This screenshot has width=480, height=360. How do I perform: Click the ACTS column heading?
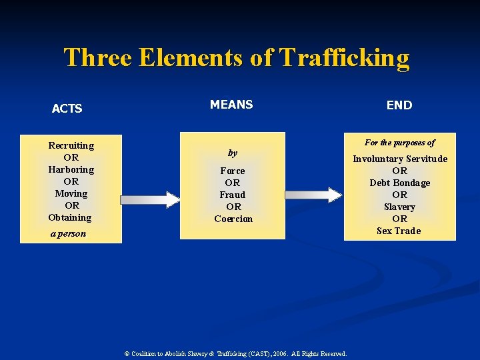(x=67, y=109)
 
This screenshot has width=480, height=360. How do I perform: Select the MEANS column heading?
(x=231, y=105)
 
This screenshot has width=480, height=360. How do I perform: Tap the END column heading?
(x=399, y=105)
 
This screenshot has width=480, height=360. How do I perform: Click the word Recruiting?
(x=71, y=145)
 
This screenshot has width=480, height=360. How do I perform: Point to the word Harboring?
(x=71, y=169)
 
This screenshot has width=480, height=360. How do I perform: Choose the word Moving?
(x=71, y=193)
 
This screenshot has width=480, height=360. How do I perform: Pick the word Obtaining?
(x=70, y=217)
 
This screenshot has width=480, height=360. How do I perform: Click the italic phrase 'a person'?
(x=68, y=234)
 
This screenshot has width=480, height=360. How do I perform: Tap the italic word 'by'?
(x=233, y=153)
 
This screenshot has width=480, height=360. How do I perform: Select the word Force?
(x=233, y=171)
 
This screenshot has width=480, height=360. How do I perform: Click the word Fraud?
(x=233, y=195)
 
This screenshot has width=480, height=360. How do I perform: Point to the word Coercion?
(x=233, y=219)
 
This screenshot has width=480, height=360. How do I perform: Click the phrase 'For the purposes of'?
(x=400, y=143)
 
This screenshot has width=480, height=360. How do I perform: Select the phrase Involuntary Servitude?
(x=400, y=159)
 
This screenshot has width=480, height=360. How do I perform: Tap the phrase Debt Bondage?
(x=400, y=183)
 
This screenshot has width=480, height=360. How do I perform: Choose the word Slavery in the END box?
(x=400, y=207)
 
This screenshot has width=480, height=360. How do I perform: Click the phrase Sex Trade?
(x=399, y=231)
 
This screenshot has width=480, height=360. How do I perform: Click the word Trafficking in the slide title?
(x=345, y=58)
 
